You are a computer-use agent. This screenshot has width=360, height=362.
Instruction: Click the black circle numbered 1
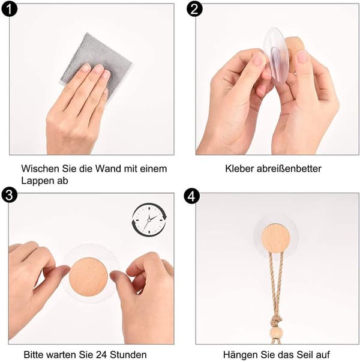click(x=10, y=9)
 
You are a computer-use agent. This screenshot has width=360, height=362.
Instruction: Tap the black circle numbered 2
click(x=194, y=9)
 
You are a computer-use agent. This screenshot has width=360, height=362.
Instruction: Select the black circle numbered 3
click(x=10, y=195)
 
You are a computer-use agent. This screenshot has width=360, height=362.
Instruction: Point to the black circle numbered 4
click(x=192, y=196)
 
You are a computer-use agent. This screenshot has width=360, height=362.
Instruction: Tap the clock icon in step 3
click(x=149, y=220)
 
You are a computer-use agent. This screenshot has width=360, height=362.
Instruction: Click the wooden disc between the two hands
click(x=88, y=277)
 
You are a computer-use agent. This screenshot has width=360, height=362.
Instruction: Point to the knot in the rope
click(x=276, y=321)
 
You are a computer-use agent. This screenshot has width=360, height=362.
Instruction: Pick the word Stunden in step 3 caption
click(x=128, y=354)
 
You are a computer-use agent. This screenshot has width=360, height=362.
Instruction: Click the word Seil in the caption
click(x=304, y=354)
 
